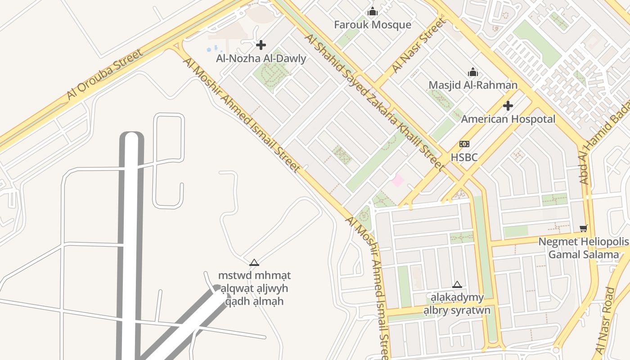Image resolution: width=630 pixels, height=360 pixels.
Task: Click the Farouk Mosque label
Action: click(373, 25)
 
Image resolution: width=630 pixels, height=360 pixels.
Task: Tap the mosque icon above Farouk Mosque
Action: click(373, 12)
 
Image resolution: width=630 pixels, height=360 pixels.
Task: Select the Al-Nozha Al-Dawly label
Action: click(261, 58)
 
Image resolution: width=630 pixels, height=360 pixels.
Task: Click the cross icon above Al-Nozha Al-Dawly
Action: click(261, 45)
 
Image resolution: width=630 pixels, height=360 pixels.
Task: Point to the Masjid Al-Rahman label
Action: click(473, 85)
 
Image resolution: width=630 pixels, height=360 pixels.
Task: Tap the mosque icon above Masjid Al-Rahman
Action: click(473, 72)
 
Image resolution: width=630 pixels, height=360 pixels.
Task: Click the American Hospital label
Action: click(508, 119)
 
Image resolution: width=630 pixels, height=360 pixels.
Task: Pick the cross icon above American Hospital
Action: click(508, 106)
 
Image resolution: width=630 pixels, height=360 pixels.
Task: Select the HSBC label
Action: click(464, 157)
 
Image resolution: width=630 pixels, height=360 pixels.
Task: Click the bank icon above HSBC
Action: click(464, 144)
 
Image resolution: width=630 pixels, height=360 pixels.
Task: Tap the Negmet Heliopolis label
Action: click(584, 242)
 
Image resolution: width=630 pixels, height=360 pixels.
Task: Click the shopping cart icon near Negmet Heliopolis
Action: click(584, 228)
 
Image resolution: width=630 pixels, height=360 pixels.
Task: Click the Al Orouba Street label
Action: click(104, 74)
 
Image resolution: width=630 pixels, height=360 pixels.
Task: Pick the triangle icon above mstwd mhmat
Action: click(254, 262)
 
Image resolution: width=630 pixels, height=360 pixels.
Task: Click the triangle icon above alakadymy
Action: click(457, 284)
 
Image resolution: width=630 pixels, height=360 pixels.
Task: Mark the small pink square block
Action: click(397, 181)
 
